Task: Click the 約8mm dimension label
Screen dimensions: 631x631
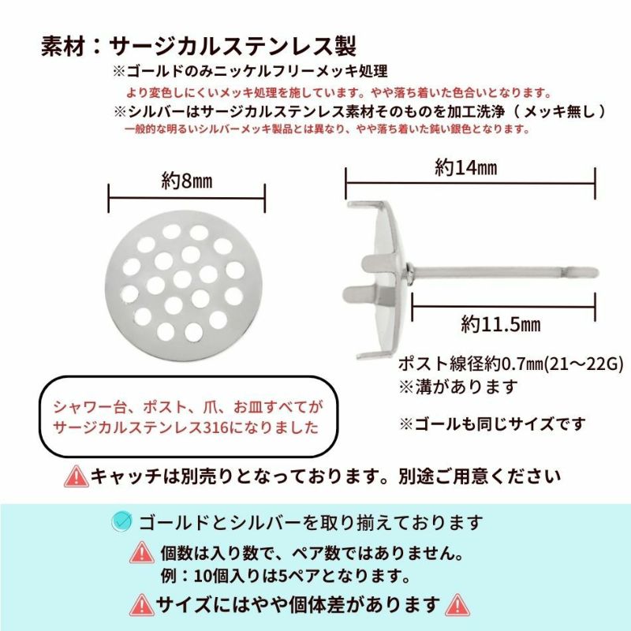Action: [187, 181]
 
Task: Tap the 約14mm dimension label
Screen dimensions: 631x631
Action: [465, 167]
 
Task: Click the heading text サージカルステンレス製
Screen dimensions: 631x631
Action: [233, 43]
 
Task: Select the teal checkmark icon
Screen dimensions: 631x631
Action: [121, 521]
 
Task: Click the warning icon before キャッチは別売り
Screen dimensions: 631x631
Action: [77, 476]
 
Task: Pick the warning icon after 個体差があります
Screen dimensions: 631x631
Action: [457, 604]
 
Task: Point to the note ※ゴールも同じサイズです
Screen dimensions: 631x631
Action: [493, 424]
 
